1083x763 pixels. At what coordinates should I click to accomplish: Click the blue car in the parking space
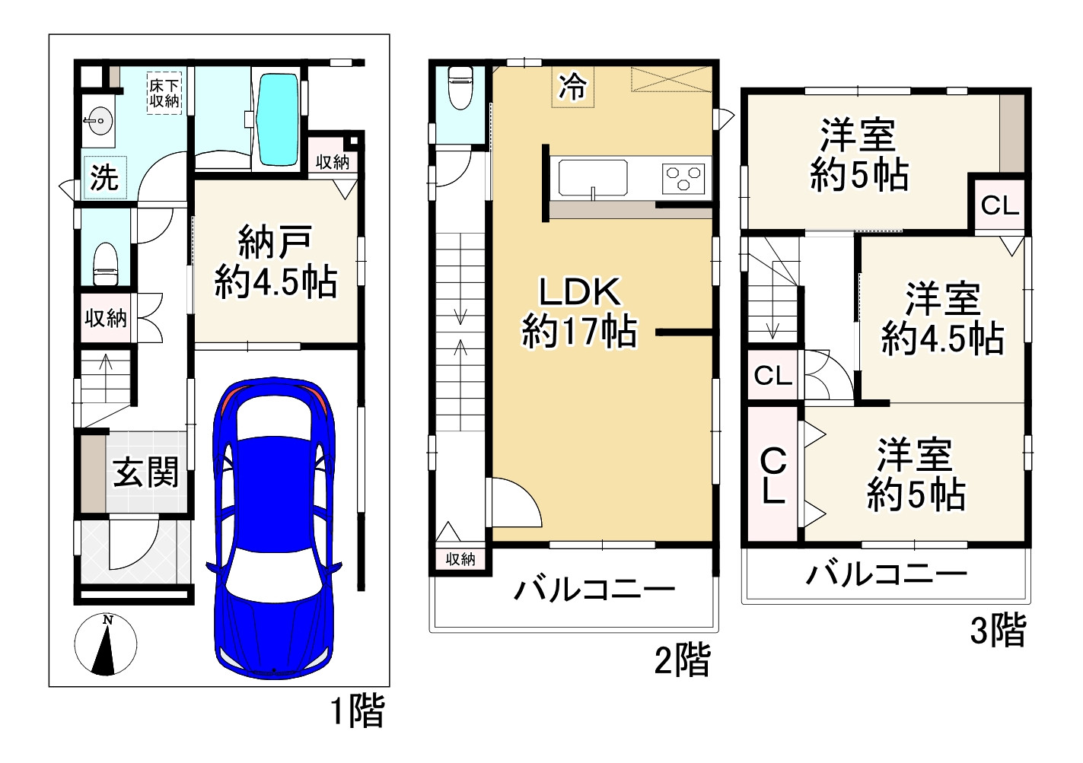[x=272, y=525]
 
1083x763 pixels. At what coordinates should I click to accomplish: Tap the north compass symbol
[x=107, y=646]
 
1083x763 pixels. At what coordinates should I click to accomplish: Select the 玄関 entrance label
[x=146, y=473]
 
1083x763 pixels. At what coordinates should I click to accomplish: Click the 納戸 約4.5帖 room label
[x=275, y=262]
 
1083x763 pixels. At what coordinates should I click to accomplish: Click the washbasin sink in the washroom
[x=97, y=121]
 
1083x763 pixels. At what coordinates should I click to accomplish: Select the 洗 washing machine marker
[x=104, y=177]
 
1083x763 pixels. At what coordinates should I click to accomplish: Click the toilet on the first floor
[x=104, y=263]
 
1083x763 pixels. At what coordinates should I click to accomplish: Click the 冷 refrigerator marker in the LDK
[x=572, y=87]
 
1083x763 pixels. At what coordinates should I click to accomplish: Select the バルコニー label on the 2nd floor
[x=594, y=590]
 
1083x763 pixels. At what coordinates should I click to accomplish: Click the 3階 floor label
[x=998, y=630]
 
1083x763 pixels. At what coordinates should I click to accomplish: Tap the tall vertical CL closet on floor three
[x=773, y=475]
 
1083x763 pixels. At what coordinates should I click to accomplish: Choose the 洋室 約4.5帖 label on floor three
[x=943, y=318]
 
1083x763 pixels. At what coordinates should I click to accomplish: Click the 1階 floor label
[x=357, y=712]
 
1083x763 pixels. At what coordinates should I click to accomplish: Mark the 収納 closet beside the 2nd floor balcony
[x=460, y=559]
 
